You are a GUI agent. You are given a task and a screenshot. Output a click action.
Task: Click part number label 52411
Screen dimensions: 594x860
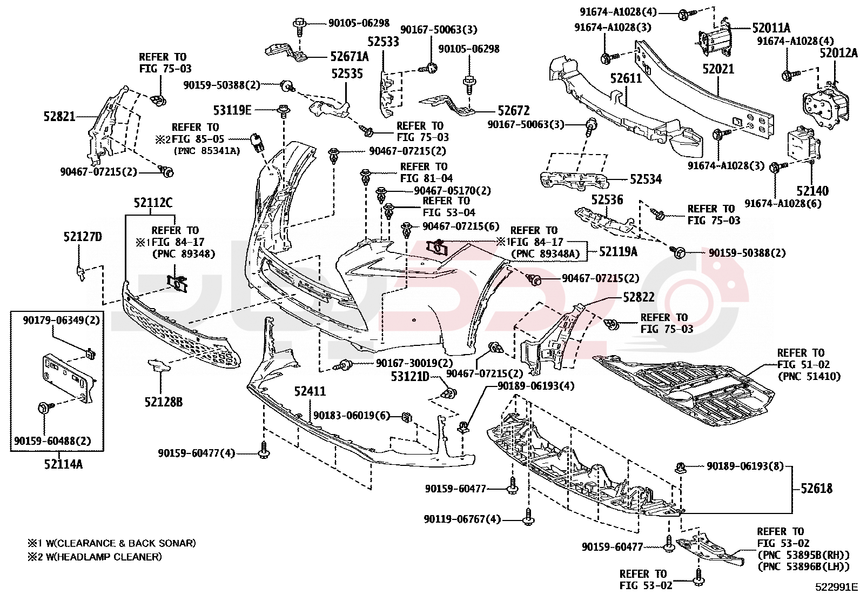(x=310, y=391)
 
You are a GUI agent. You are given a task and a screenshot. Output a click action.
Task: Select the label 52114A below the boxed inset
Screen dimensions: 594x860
(x=63, y=464)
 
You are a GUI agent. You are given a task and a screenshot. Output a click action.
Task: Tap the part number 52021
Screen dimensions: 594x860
(x=718, y=69)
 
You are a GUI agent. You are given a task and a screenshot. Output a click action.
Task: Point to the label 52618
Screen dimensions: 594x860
(x=816, y=489)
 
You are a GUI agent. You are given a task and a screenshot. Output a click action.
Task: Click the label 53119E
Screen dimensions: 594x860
(x=232, y=110)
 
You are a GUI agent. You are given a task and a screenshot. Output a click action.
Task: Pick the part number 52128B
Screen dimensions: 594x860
(x=163, y=402)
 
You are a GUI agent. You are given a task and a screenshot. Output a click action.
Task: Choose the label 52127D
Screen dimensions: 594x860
(x=83, y=237)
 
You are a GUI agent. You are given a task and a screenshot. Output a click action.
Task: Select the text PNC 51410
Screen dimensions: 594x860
(x=809, y=376)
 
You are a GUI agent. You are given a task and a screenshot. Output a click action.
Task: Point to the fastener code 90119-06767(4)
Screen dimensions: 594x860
(x=462, y=519)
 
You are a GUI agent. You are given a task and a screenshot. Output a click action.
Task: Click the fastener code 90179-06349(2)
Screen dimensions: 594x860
(x=61, y=321)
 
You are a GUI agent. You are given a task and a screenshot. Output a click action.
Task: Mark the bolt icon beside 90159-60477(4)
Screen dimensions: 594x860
(x=263, y=452)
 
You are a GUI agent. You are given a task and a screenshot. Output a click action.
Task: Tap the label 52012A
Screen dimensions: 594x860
(x=838, y=53)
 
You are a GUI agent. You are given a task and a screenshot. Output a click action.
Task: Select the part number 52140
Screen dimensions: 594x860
(x=812, y=191)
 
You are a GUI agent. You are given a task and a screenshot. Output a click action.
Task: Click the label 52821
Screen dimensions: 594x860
(x=59, y=116)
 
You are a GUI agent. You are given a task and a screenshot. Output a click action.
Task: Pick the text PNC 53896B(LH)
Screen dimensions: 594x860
(x=803, y=566)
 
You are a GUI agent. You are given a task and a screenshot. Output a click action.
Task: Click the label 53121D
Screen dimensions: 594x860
(x=409, y=376)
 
